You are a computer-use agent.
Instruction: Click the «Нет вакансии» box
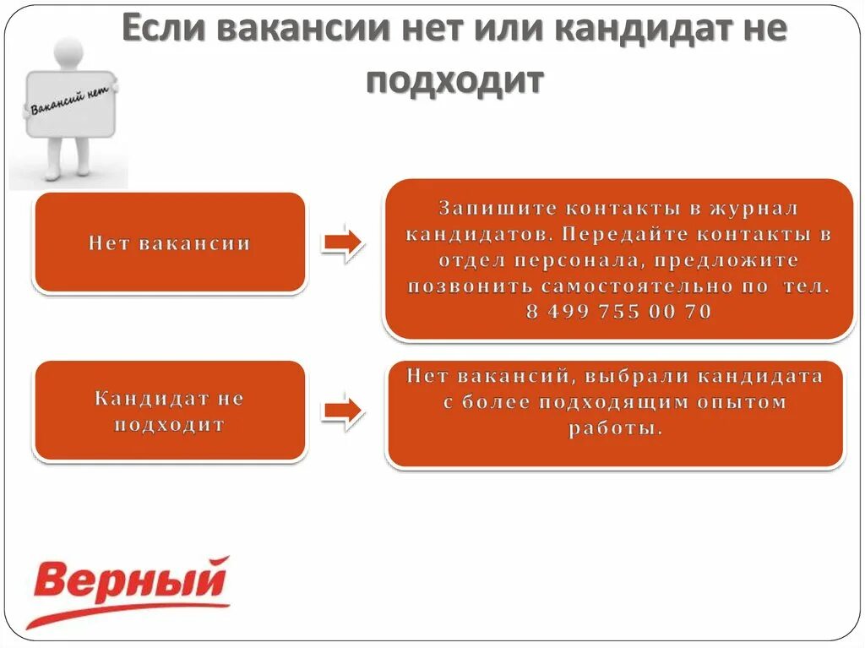coord(169,243)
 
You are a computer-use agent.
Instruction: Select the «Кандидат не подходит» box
coord(169,411)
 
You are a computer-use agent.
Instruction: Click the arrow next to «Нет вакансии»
coord(343,243)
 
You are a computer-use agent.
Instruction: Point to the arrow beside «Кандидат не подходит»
coord(343,411)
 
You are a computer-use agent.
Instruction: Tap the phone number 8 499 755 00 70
coord(618,312)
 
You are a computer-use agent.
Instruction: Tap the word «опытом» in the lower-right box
coord(741,402)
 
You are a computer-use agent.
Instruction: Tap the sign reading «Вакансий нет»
coord(71,103)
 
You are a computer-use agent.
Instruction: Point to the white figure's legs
coord(68,156)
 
